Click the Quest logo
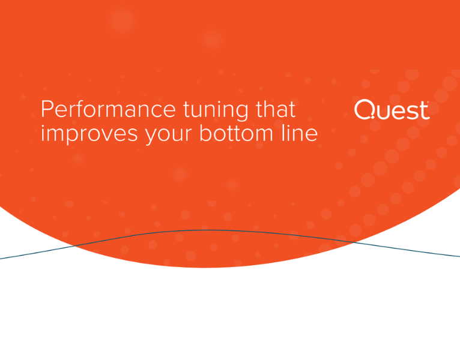[x=392, y=110]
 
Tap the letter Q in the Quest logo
[x=365, y=109]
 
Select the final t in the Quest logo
[x=423, y=110]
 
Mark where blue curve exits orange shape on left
[x=75, y=245]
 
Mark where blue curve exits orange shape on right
[x=354, y=242]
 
